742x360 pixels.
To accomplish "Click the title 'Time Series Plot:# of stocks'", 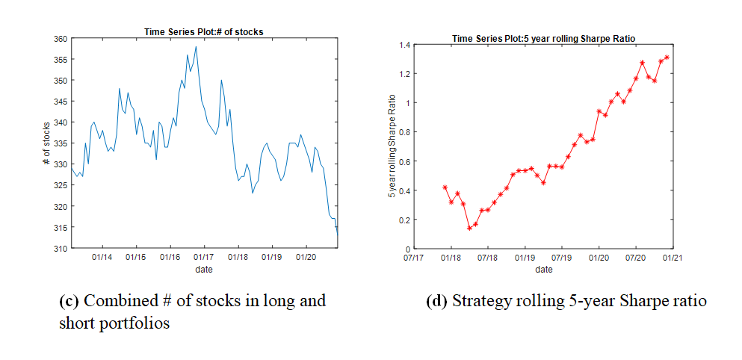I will pyautogui.click(x=203, y=31).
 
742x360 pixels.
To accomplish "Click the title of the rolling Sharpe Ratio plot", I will pyautogui.click(x=543, y=38).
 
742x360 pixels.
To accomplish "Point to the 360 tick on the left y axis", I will pyautogui.click(x=60, y=39).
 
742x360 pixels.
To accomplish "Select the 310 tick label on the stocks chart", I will pyautogui.click(x=60, y=248).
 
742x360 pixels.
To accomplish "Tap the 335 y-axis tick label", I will pyautogui.click(x=60, y=143).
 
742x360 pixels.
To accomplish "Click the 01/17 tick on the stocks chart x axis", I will pyautogui.click(x=203, y=258).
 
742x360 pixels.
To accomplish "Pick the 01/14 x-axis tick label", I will pyautogui.click(x=102, y=258).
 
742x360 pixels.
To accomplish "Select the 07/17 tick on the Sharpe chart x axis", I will pyautogui.click(x=413, y=258).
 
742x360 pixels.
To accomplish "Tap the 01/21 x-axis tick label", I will pyautogui.click(x=672, y=258).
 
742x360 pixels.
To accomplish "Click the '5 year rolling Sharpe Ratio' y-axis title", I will pyautogui.click(x=392, y=146).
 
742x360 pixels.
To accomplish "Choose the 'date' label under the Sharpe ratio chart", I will pyautogui.click(x=543, y=269).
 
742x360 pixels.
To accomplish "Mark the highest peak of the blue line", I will pyautogui.click(x=196, y=46).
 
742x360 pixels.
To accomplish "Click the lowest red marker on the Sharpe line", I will pyautogui.click(x=469, y=228).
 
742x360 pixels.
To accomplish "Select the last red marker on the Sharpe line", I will pyautogui.click(x=667, y=58).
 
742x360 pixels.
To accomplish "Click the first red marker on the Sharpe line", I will pyautogui.click(x=445, y=187).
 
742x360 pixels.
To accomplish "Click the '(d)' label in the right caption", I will pyautogui.click(x=436, y=302).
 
